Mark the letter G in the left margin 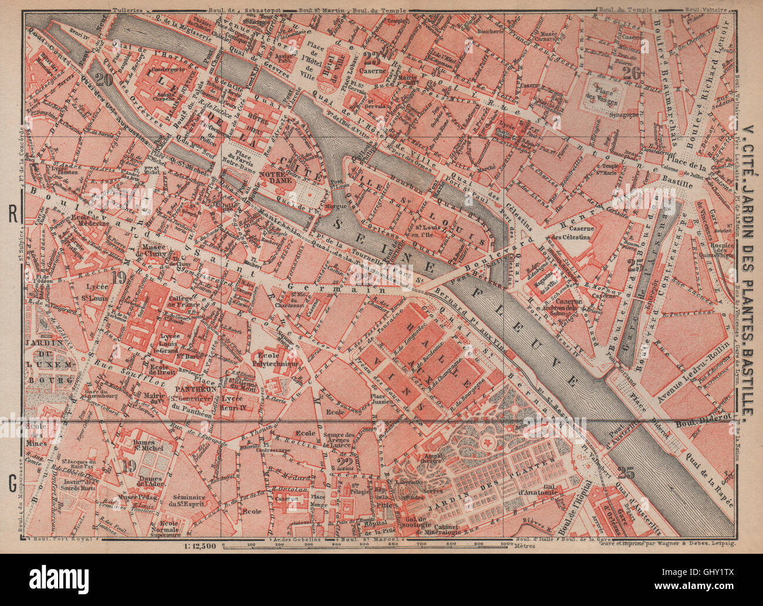click(12, 484)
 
